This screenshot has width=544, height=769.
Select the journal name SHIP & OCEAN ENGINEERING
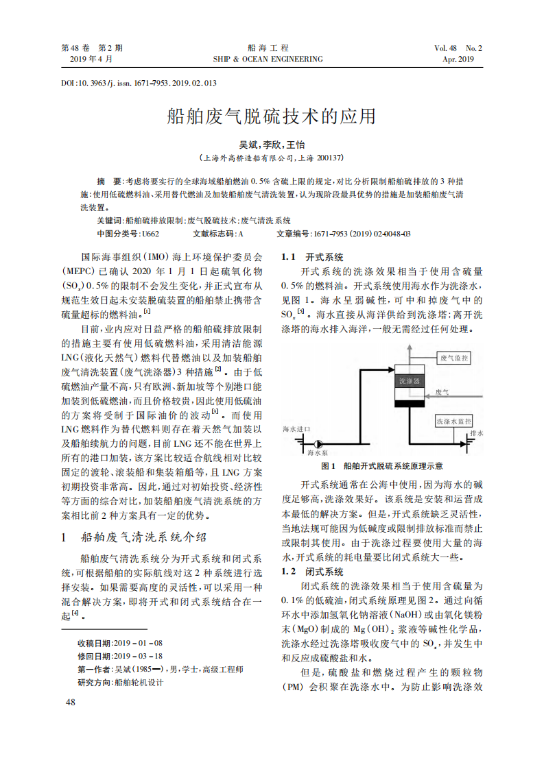(x=268, y=60)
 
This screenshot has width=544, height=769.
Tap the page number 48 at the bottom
(x=71, y=702)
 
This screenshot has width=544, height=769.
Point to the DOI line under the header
(x=139, y=83)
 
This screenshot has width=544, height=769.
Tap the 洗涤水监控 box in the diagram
(x=453, y=420)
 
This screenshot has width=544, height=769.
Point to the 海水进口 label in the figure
(x=296, y=428)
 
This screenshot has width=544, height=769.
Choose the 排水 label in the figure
(x=477, y=433)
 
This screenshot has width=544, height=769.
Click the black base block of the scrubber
(x=409, y=404)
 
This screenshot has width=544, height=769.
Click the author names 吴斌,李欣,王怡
(x=272, y=145)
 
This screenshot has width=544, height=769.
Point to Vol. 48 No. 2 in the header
(x=458, y=48)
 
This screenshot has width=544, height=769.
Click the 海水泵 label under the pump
(x=318, y=453)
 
